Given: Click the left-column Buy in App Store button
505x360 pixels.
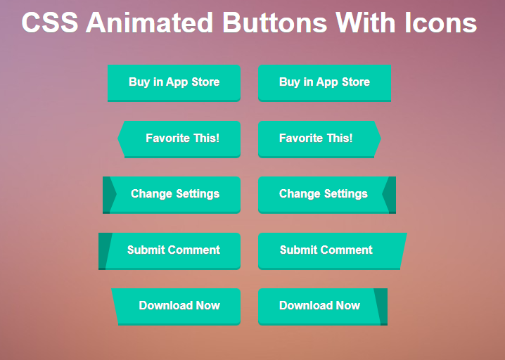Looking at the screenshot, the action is pos(174,83).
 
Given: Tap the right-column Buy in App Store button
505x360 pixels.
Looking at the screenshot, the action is pos(325,83).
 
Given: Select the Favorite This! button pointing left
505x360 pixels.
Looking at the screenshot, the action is pos(179,139).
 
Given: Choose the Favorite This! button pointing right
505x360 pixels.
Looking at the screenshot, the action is pos(319,139).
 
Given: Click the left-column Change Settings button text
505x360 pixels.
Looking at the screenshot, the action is pos(175,194).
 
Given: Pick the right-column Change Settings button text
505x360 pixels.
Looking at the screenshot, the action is pos(324,194).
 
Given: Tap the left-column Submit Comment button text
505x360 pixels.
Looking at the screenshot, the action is pos(174,250).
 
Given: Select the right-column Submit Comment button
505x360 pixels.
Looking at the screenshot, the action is pos(332,251).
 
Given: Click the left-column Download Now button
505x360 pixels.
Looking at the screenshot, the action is pos(176,307).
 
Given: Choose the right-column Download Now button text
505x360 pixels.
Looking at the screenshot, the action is pos(319,305).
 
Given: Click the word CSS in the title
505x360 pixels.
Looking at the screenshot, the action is pos(50,22).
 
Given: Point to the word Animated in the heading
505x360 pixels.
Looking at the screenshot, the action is pos(150,22).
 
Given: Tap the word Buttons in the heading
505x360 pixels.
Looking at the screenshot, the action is pos(275,22).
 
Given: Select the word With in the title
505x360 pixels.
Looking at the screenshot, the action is pos(366,22).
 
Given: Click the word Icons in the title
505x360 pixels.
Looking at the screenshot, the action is pos(441,22).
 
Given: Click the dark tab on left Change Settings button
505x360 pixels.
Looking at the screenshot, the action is pos(108,195).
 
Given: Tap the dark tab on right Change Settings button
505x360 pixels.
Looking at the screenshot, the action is pos(390,195).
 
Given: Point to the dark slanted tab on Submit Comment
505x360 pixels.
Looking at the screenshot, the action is pos(104,251).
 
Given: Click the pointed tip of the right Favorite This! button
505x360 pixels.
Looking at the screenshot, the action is pos(381,139).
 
